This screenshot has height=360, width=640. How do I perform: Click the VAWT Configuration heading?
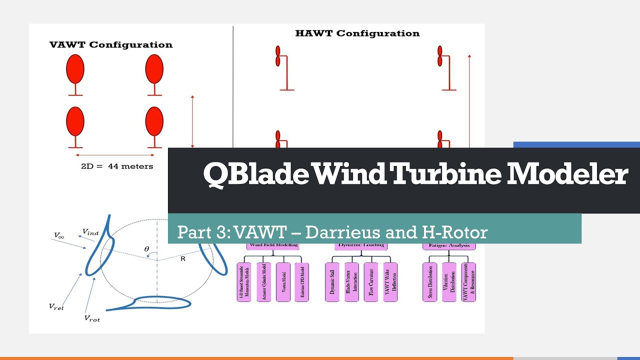coord(111,45)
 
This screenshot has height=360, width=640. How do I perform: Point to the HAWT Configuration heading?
coord(357,33)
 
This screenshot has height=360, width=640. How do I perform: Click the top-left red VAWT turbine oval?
coord(75,68)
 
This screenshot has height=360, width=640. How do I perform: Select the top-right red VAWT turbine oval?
coord(154,68)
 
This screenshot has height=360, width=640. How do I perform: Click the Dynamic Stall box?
coord(332,282)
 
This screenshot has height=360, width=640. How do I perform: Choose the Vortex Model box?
coord(283,282)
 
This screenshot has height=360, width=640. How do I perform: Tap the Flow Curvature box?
coord(370,282)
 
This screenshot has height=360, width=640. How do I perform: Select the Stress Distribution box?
coord(429,282)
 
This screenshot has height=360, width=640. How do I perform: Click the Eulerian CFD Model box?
coord(301,282)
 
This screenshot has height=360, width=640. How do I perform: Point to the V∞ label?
coord(59,234)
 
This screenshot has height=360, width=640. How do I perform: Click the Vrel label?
coord(56,307)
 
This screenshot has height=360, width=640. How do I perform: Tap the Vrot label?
coord(92,318)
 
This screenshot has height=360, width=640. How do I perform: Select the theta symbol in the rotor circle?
coord(146,248)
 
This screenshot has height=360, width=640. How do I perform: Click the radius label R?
coord(183,259)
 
